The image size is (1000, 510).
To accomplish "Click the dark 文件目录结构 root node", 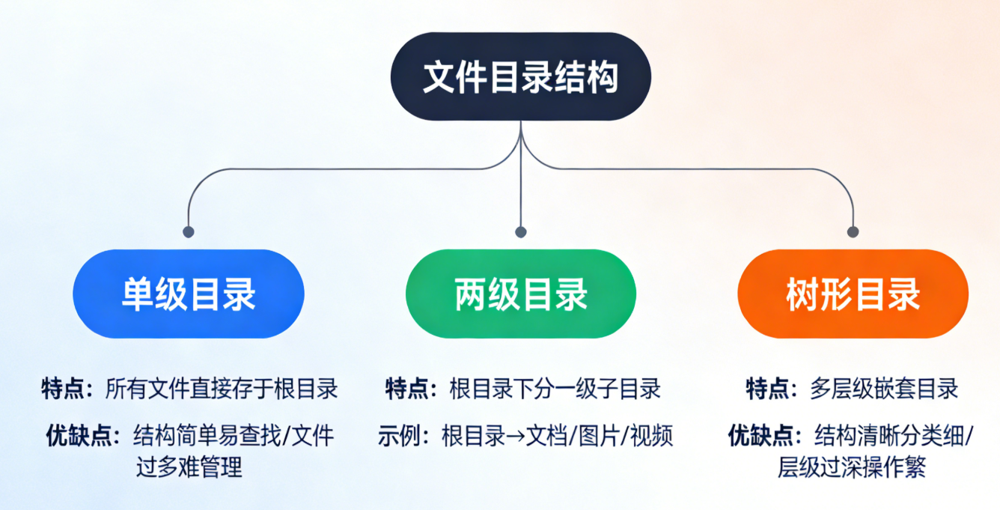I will coord(521,76).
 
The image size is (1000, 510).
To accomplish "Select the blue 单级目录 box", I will coord(189,294).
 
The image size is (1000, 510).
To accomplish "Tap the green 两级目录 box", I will coord(521,294).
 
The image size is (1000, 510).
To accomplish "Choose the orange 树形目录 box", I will coord(853,294).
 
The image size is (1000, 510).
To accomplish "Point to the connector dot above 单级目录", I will coord(189,231).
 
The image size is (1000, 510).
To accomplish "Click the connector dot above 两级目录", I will coord(521,231).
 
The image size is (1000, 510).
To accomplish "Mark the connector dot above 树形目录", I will coord(853,231).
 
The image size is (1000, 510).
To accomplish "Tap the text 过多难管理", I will coord(189,468).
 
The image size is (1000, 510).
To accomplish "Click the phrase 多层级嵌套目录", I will coord(884,388).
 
